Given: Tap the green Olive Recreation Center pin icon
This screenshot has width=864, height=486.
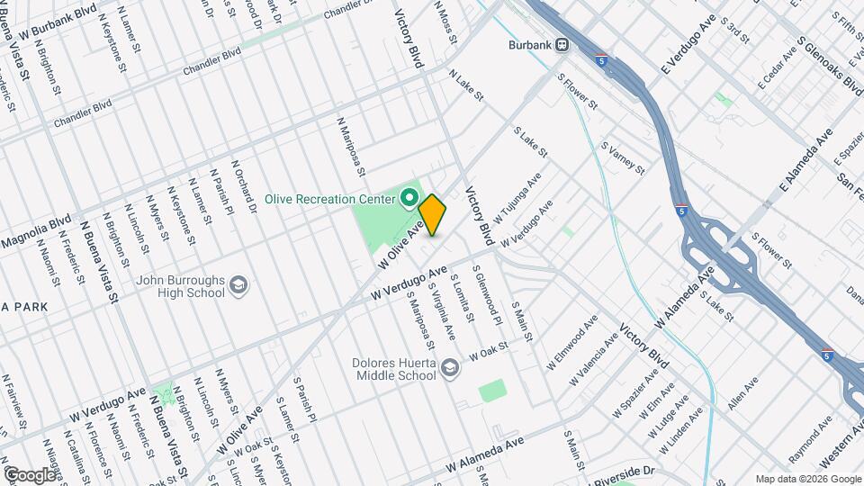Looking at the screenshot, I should pos(409,196).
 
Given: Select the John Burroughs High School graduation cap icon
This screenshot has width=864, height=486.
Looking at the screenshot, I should pos(238,286).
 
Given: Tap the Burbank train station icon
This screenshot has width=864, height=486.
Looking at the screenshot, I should pos(562,42).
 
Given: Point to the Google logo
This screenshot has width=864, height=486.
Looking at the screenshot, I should pos(29,474).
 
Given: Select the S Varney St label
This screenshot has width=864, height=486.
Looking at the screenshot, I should pos(623,157).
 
